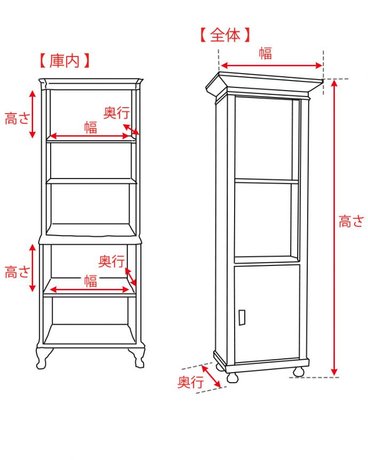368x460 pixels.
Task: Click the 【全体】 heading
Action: pyautogui.click(x=225, y=35)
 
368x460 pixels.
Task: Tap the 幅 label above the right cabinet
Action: pyautogui.click(x=265, y=53)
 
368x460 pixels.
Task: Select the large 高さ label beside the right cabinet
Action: pyautogui.click(x=351, y=221)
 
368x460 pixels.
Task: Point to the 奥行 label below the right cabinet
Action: pyautogui.click(x=190, y=382)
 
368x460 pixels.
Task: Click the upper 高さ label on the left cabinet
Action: pyautogui.click(x=18, y=118)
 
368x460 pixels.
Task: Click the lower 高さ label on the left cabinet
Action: pyautogui.click(x=18, y=272)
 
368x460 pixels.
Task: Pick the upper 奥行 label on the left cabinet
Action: pyautogui.click(x=116, y=112)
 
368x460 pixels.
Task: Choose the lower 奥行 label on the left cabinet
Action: pyautogui.click(x=111, y=261)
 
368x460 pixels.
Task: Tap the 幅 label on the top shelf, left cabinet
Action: pyautogui.click(x=91, y=127)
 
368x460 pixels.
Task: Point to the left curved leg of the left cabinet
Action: pyautogui.click(x=43, y=358)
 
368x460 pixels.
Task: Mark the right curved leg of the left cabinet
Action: pyautogui.click(x=138, y=358)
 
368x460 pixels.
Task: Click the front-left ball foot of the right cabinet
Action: pyautogui.click(x=233, y=376)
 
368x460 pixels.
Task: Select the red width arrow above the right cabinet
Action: pyautogui.click(x=271, y=66)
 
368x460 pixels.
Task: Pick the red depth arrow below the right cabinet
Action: pyautogui.click(x=211, y=376)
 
